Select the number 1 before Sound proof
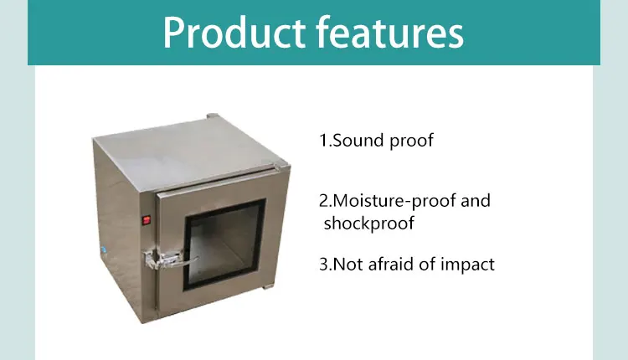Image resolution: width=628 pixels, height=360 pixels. pos(322,141)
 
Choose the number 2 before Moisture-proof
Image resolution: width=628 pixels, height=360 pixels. pos(323,202)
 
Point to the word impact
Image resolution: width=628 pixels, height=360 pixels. pos(469,265)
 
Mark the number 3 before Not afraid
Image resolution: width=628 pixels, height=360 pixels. pos(323,265)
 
